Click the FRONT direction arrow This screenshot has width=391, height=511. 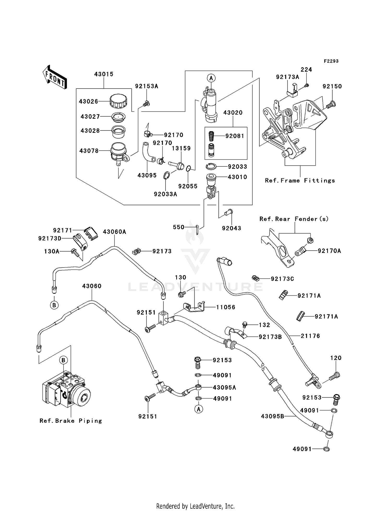[55, 77]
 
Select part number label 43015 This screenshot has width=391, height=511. [104, 74]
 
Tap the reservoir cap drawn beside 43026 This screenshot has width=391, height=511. [118, 101]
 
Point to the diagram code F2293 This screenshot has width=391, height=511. [331, 61]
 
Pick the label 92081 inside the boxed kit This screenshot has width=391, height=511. [235, 136]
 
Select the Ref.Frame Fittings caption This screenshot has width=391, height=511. [300, 180]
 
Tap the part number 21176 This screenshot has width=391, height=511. [310, 336]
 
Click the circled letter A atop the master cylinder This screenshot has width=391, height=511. [211, 78]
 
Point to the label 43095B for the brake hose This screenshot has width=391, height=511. [272, 416]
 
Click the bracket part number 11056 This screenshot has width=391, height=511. [225, 307]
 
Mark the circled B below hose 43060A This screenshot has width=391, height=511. [54, 305]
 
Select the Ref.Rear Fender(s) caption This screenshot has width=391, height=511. [294, 219]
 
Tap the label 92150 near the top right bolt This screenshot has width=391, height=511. [332, 86]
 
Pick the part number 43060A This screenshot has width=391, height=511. [114, 232]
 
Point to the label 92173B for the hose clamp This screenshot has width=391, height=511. [270, 337]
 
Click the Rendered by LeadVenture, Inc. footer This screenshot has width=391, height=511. [195, 506]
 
